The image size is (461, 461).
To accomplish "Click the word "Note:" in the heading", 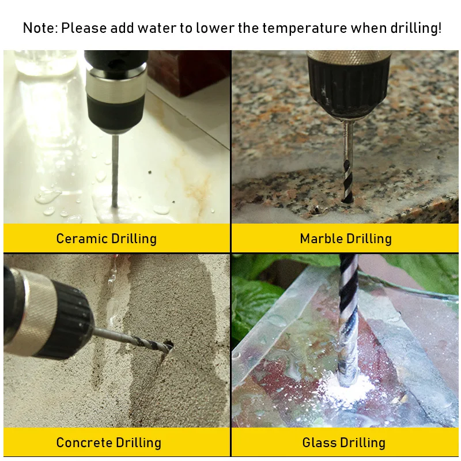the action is tap(40, 28).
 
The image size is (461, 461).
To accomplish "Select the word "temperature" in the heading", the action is tap(305, 28).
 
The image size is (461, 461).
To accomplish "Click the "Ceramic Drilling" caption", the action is tap(107, 239).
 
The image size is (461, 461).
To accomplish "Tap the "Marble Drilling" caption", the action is tap(346, 239).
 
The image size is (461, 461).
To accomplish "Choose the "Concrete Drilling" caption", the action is tap(109, 443).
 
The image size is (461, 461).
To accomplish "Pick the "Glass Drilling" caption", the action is tap(343, 443).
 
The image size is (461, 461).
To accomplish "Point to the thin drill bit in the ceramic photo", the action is tap(115, 171).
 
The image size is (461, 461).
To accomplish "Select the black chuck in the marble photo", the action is tap(350, 88).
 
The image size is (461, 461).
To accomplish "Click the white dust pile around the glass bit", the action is tap(350, 387).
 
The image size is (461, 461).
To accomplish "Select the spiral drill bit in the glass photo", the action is tap(349, 320).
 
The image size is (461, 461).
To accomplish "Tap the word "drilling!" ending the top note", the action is tap(415, 28).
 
